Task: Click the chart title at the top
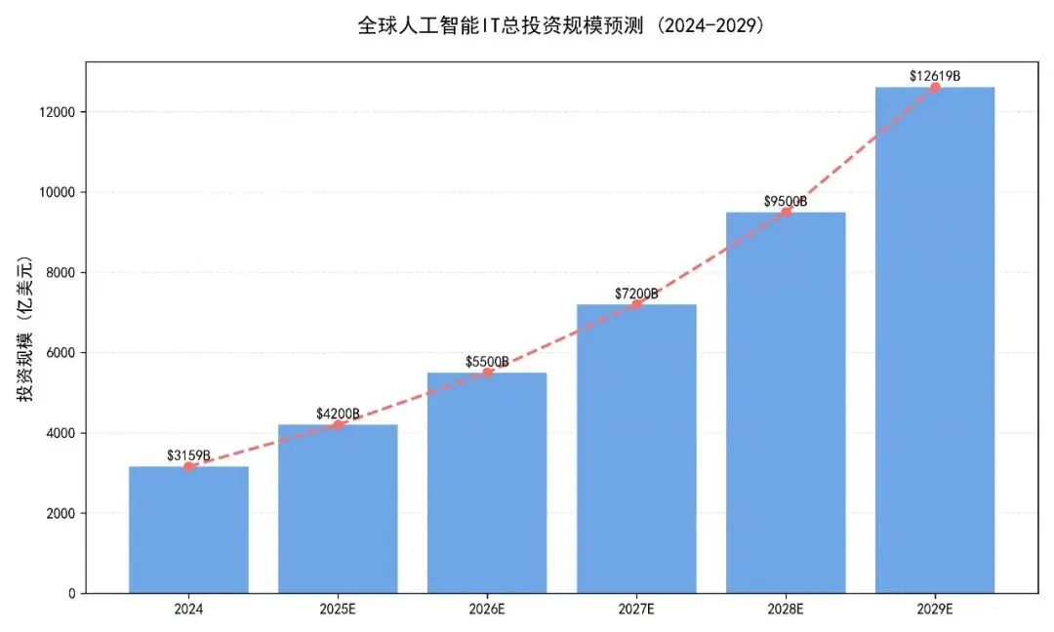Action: click(x=561, y=25)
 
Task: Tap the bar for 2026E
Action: click(x=487, y=483)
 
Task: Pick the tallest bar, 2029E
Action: click(x=935, y=341)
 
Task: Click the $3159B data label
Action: click(x=188, y=454)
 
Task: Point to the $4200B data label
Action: click(x=338, y=414)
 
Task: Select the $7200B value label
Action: click(x=636, y=293)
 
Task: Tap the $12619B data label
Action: click(x=935, y=75)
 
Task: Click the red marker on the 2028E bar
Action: click(x=786, y=212)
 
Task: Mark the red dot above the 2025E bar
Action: click(x=338, y=424)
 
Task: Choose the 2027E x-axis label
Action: click(x=636, y=612)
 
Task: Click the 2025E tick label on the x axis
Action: click(x=338, y=612)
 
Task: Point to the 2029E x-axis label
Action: click(x=935, y=612)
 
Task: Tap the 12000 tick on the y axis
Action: click(x=58, y=112)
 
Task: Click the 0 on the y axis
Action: click(x=72, y=593)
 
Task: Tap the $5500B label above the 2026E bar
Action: click(x=487, y=362)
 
